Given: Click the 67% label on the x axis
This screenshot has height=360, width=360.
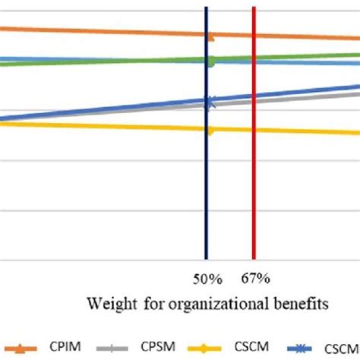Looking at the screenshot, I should [x=257, y=279].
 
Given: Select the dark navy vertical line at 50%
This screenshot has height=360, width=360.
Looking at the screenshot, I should [x=206, y=190].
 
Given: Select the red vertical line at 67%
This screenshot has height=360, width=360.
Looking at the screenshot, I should [x=253, y=190].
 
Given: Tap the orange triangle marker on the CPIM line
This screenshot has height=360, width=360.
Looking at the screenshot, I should [x=211, y=36].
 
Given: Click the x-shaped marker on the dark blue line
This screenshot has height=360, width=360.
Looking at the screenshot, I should [x=211, y=101].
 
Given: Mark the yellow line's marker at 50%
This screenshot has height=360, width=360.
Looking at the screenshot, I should [x=211, y=130].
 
